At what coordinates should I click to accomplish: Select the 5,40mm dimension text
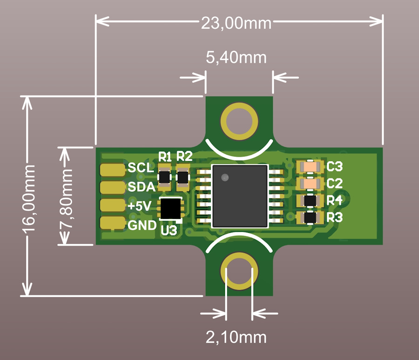(x=236, y=58)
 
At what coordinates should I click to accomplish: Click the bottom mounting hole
(x=239, y=272)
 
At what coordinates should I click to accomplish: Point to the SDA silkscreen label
(x=142, y=187)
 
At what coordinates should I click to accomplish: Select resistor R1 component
(x=165, y=177)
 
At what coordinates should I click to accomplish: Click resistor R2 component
(x=183, y=177)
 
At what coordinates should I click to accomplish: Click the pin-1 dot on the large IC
(x=225, y=177)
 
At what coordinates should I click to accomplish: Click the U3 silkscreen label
(x=169, y=230)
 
